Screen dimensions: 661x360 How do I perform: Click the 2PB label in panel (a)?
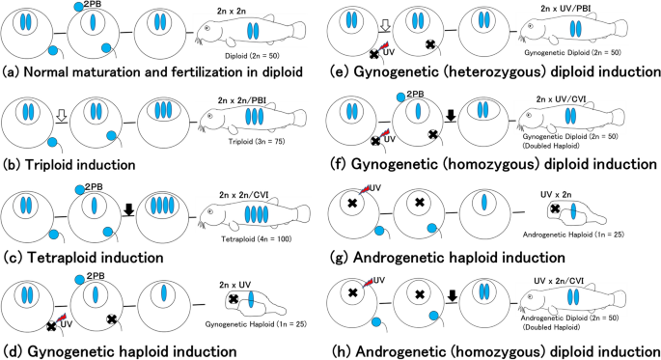point(93,5)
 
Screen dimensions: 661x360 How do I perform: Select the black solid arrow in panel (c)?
point(129,208)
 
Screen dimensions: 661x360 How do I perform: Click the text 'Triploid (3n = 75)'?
point(257,142)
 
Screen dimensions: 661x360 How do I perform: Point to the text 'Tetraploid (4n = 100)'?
point(257,239)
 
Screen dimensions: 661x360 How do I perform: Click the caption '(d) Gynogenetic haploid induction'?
point(120,351)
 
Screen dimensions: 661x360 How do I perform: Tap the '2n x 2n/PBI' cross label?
point(241,100)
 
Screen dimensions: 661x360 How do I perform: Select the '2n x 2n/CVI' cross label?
point(244,195)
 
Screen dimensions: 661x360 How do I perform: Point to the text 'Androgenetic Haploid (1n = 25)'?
point(573,235)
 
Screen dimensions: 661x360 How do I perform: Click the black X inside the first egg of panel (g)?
point(352,203)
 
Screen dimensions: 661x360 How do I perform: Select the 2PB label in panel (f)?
point(415,95)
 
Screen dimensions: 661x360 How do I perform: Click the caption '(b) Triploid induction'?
point(69,164)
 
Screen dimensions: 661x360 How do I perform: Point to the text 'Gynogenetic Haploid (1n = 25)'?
point(257,324)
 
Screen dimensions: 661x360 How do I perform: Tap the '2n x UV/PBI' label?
point(565,8)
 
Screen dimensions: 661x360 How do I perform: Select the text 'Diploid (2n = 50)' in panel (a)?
point(252,56)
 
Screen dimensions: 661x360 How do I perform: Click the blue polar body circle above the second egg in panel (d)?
point(79,279)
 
